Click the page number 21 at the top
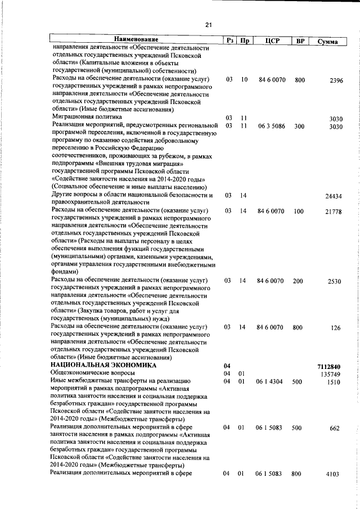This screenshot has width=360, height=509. pyautogui.click(x=208, y=25)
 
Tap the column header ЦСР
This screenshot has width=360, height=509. pyautogui.click(x=272, y=41)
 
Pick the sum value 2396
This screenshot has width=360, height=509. pyautogui.click(x=335, y=81)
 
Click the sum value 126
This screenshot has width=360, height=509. pyautogui.click(x=336, y=328)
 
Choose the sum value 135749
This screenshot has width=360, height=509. pyautogui.click(x=332, y=374)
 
